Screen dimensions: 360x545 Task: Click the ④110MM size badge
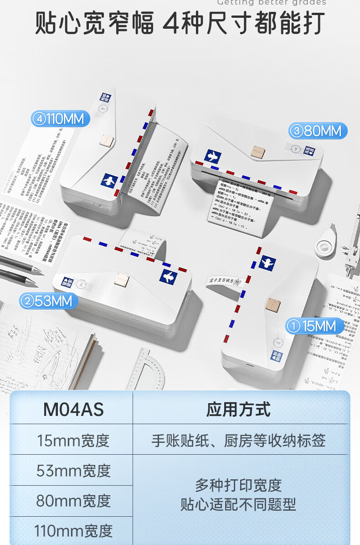(61, 119)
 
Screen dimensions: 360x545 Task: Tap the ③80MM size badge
(318, 131)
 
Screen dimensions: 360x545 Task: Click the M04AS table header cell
(73, 409)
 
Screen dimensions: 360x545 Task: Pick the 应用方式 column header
(238, 409)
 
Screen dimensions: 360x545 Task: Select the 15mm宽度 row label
(73, 441)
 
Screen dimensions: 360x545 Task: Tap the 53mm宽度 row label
(73, 471)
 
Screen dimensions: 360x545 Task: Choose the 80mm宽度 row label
(73, 501)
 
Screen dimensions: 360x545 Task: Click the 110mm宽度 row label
(73, 531)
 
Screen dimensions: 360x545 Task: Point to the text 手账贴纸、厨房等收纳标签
(238, 441)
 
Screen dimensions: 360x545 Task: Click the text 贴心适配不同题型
(238, 504)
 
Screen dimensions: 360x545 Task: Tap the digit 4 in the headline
(171, 23)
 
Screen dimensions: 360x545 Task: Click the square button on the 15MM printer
(273, 303)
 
